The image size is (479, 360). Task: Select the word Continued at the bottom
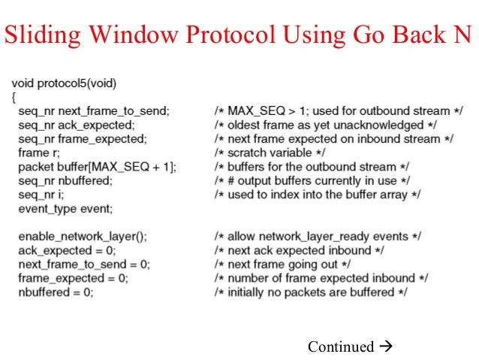coord(340,346)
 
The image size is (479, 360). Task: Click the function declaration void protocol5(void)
coord(65,82)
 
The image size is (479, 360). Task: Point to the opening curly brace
coord(15,96)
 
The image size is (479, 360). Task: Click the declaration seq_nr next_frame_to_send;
coord(93,110)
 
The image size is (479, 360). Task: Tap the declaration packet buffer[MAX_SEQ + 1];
coord(98,167)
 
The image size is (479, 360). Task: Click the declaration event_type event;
coord(65,208)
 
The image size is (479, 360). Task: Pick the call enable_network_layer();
coord(83,236)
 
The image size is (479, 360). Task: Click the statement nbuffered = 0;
coord(56,292)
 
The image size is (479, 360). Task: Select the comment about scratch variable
coord(264,153)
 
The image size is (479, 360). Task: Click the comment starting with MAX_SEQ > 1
coord(338,110)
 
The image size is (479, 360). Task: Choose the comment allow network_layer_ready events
coord(319,236)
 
